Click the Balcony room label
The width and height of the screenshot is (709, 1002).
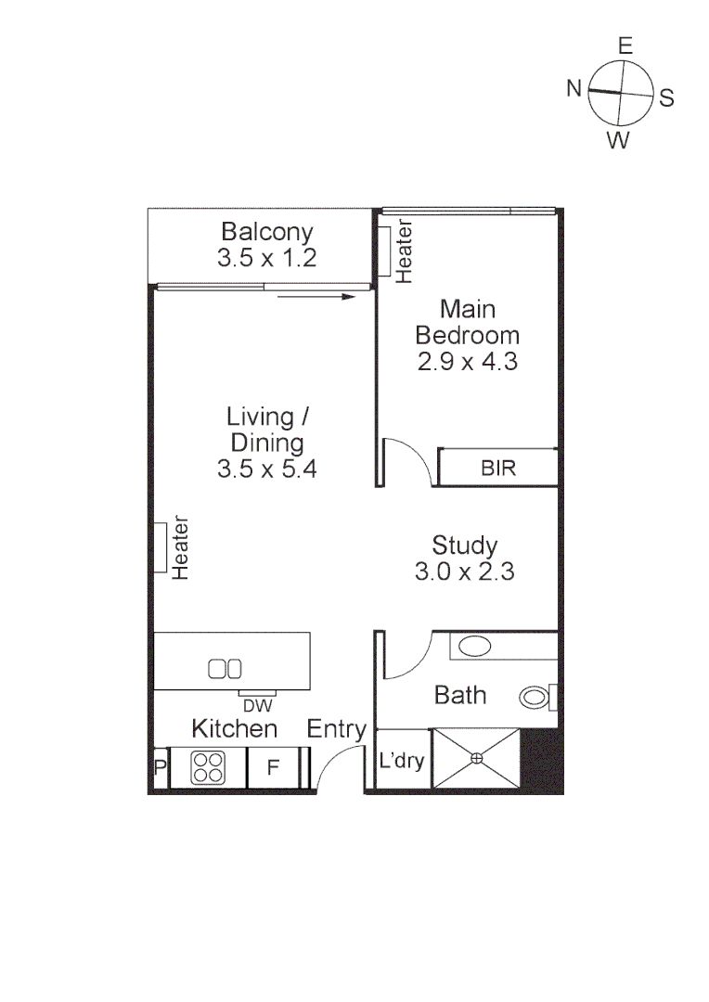point(266,232)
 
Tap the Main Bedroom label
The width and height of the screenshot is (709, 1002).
point(467,321)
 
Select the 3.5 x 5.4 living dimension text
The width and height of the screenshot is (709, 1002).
point(266,469)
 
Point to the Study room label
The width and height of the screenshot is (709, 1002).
point(464,546)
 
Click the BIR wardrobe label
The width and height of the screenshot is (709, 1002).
point(497,469)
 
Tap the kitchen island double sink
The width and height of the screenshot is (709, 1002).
point(225,668)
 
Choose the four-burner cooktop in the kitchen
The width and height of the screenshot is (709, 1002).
point(208,767)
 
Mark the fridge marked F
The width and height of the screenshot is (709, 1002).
point(273,768)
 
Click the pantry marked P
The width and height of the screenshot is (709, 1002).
point(160,768)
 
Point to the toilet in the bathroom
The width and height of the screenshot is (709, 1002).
point(536,696)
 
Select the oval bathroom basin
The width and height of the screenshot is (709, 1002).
point(475,646)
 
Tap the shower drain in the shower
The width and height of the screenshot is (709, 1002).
point(477,759)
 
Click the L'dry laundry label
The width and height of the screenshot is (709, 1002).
point(402,761)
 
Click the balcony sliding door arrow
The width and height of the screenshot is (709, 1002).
point(316,297)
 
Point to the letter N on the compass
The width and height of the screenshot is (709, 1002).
point(574,88)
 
